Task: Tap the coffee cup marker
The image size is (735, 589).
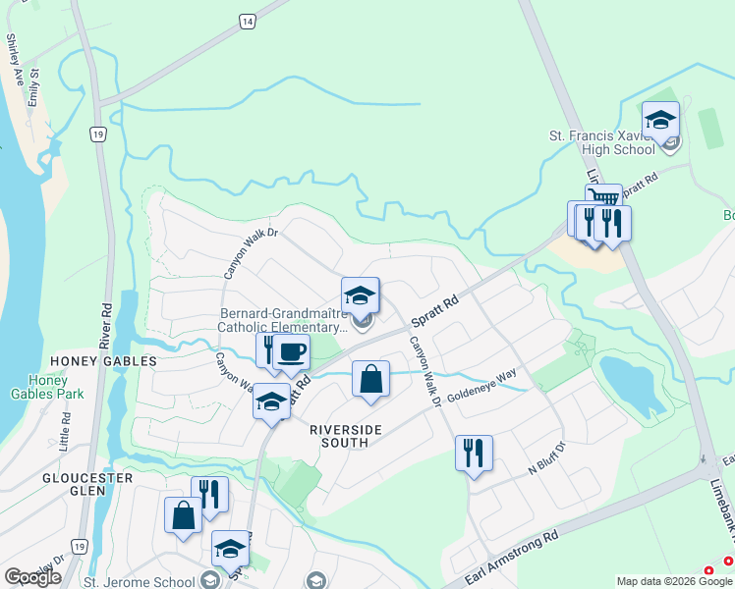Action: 291,350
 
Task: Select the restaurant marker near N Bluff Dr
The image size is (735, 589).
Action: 474,453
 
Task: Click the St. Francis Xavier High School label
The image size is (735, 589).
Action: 602,142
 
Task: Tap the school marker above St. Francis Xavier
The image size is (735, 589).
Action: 660,121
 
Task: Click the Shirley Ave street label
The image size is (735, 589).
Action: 14,53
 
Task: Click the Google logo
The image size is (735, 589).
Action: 32,577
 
